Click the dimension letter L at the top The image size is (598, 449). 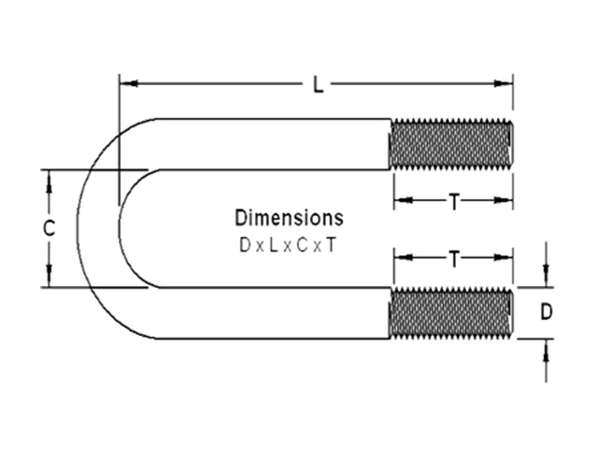coord(318,85)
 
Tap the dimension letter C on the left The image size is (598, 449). coord(49,228)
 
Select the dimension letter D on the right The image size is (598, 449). coord(546,311)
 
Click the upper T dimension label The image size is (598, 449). coord(454,202)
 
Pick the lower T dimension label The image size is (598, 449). coord(454,259)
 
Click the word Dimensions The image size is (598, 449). coord(289,218)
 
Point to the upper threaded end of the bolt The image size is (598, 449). coord(450,144)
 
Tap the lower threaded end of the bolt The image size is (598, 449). coord(450,312)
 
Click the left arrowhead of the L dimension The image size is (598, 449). coord(129,83)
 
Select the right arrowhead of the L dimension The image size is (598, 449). coord(504,83)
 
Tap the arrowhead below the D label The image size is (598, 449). coord(546,348)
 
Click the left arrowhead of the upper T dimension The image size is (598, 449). coord(404,199)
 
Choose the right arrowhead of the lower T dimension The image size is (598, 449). coord(504,257)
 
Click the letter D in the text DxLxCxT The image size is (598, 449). coord(245,245)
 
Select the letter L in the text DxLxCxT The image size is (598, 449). coord(273,245)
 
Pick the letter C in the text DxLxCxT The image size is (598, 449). coord(302,245)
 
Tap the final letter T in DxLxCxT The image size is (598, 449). coord(331,245)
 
